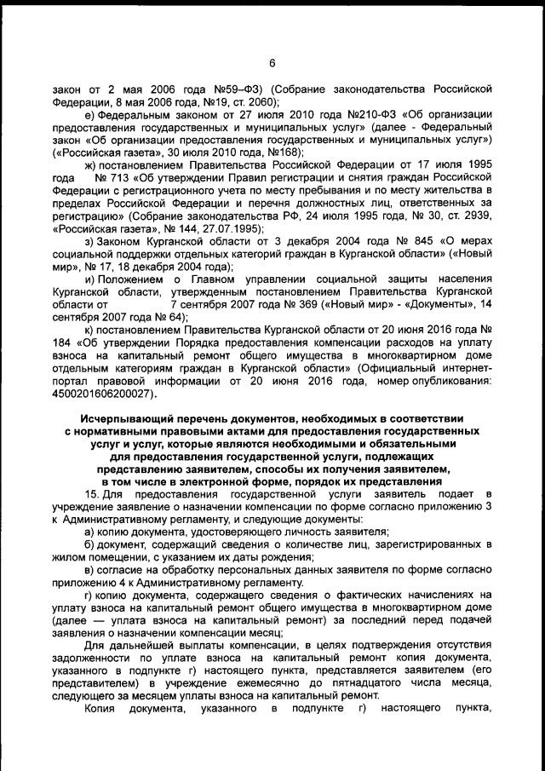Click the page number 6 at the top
(x=272, y=61)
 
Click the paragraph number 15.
(x=92, y=493)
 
